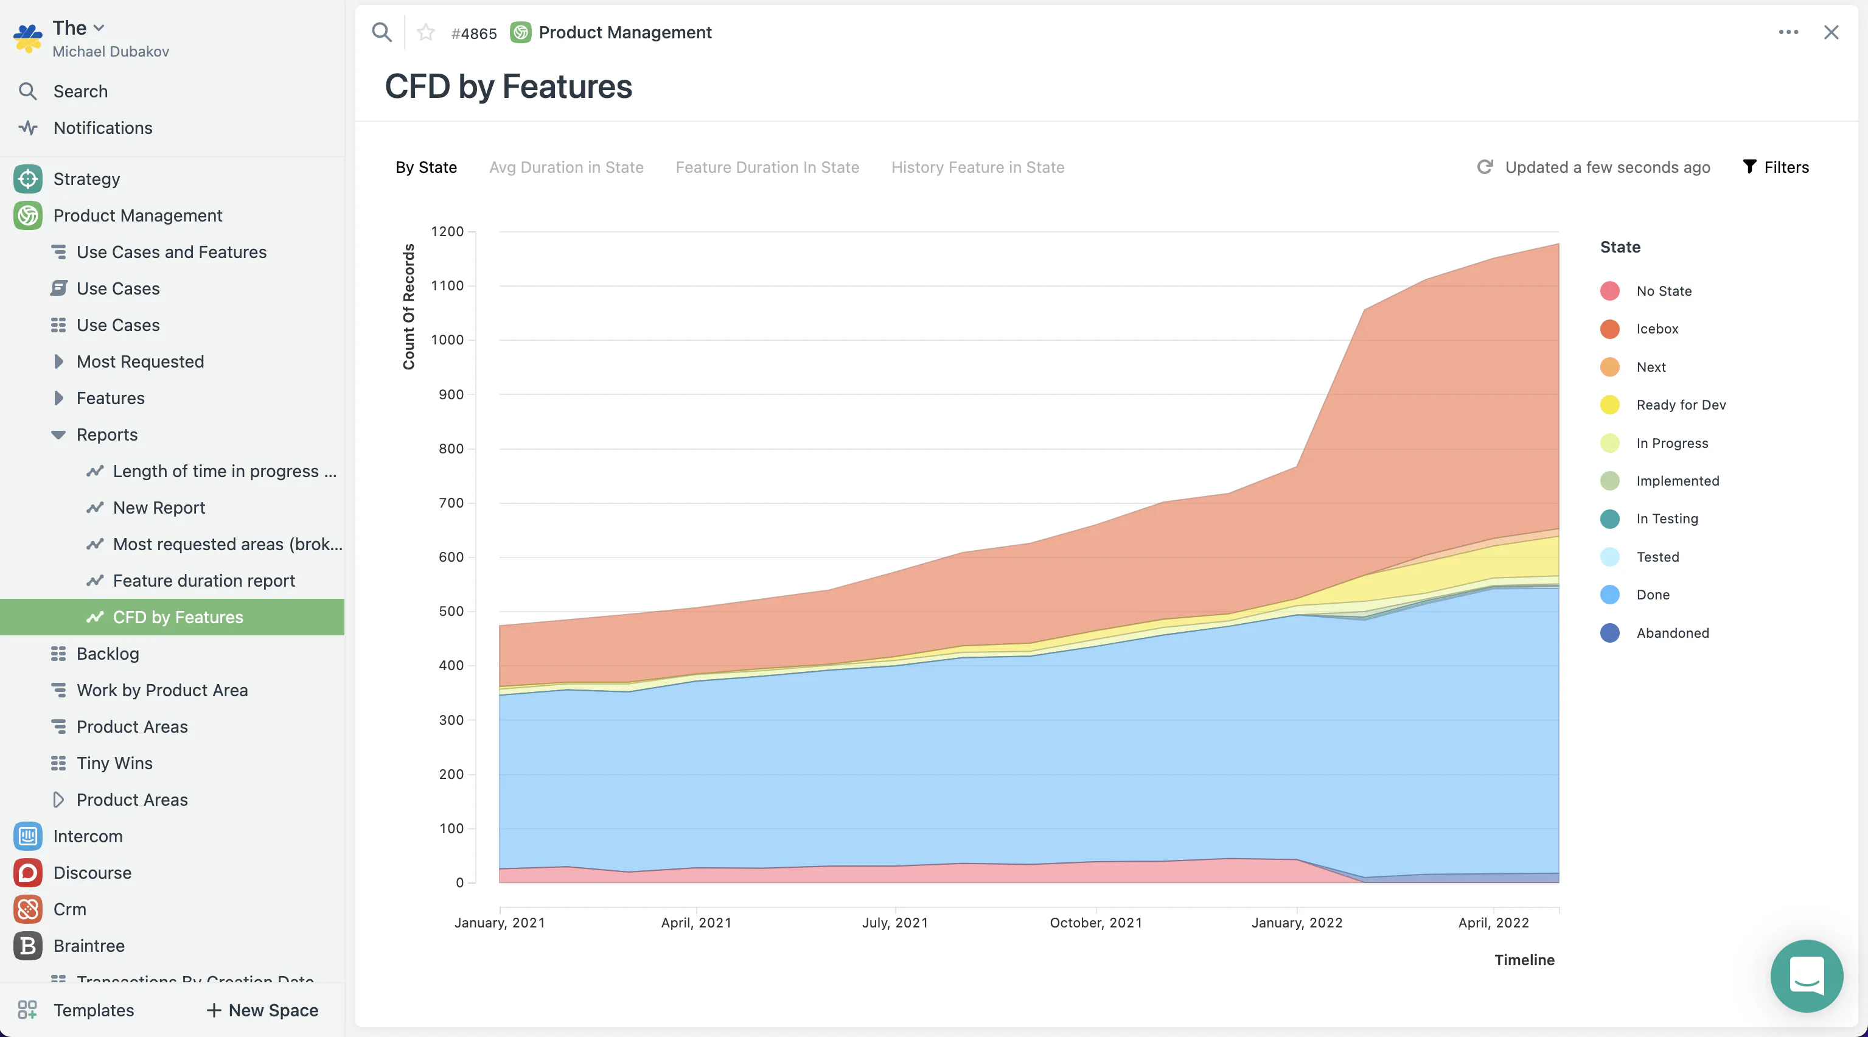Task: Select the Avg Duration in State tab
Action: (x=566, y=167)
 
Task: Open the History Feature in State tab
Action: (x=978, y=167)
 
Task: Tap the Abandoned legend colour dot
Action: (x=1610, y=633)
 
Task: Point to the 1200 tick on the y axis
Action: (x=447, y=231)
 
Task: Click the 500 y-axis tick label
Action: (x=451, y=612)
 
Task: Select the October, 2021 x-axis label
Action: (x=1096, y=923)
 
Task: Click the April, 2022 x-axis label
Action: (x=1493, y=923)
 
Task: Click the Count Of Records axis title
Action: (x=409, y=307)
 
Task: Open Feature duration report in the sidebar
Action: (x=204, y=581)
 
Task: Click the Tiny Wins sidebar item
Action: (x=114, y=764)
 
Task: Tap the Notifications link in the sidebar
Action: (x=103, y=128)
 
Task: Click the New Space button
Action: (x=262, y=1010)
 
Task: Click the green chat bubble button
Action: (x=1807, y=976)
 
